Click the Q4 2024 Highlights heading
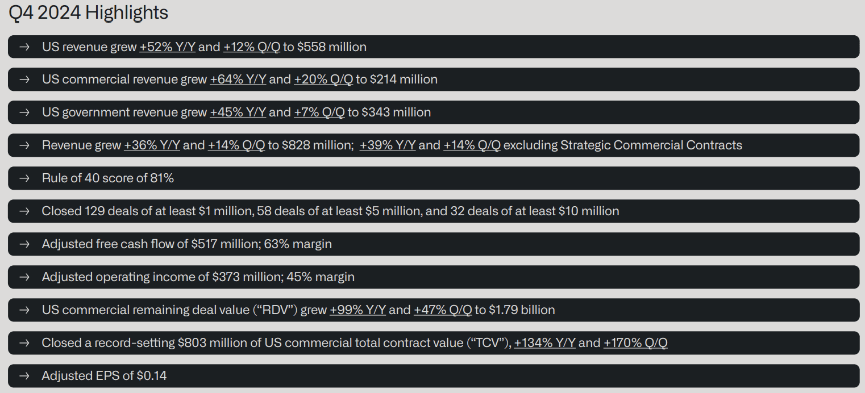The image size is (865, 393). [x=89, y=12]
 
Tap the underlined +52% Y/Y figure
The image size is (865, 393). [x=167, y=47]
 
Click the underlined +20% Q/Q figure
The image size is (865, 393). [x=323, y=79]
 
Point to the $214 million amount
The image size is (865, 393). [x=404, y=79]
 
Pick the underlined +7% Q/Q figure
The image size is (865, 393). [x=319, y=112]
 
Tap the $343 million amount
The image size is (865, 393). [x=396, y=112]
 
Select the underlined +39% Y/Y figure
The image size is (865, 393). [x=388, y=145]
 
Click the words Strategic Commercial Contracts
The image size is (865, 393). [x=651, y=145]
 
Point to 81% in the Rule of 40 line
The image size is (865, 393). [x=162, y=178]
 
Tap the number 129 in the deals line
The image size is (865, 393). [x=94, y=211]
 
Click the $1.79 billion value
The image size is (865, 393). [x=522, y=310]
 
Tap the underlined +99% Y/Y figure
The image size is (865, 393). [x=357, y=310]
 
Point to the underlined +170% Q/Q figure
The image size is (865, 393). [x=635, y=343]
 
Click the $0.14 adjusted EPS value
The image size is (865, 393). [x=151, y=375]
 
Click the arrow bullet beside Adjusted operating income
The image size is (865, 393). [x=24, y=277]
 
